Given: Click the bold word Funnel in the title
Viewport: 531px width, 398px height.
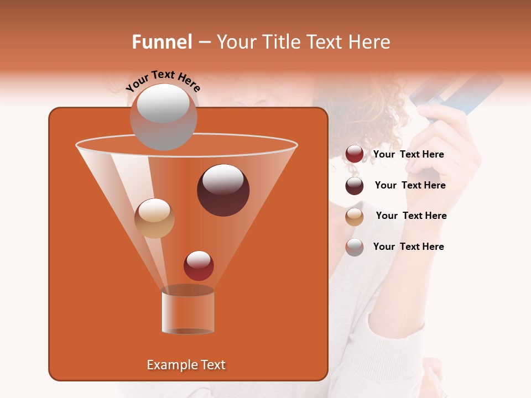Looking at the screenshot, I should tap(162, 42).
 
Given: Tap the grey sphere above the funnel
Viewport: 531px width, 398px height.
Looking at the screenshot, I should tap(163, 117).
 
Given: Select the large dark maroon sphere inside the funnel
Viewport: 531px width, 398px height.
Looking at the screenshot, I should tap(223, 190).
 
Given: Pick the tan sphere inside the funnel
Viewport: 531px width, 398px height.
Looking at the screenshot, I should tap(154, 218).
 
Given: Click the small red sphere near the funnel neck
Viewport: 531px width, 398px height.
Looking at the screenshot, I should tap(199, 265).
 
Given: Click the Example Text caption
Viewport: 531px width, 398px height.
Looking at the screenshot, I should tap(186, 365).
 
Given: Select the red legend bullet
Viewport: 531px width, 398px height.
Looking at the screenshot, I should tap(355, 154).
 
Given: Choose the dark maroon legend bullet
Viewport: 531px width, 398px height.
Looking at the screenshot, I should tap(355, 186).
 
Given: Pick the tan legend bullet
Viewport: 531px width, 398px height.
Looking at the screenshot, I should tap(355, 217).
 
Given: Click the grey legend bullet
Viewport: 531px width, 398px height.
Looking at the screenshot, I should tap(355, 247).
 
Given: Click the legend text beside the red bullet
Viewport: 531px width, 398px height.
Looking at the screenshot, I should tap(408, 154).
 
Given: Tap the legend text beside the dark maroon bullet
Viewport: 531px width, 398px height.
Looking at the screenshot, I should tap(410, 185).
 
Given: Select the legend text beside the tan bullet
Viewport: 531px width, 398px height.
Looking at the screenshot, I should tap(411, 216).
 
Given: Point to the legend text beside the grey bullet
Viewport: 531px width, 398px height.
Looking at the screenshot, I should tap(408, 247).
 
